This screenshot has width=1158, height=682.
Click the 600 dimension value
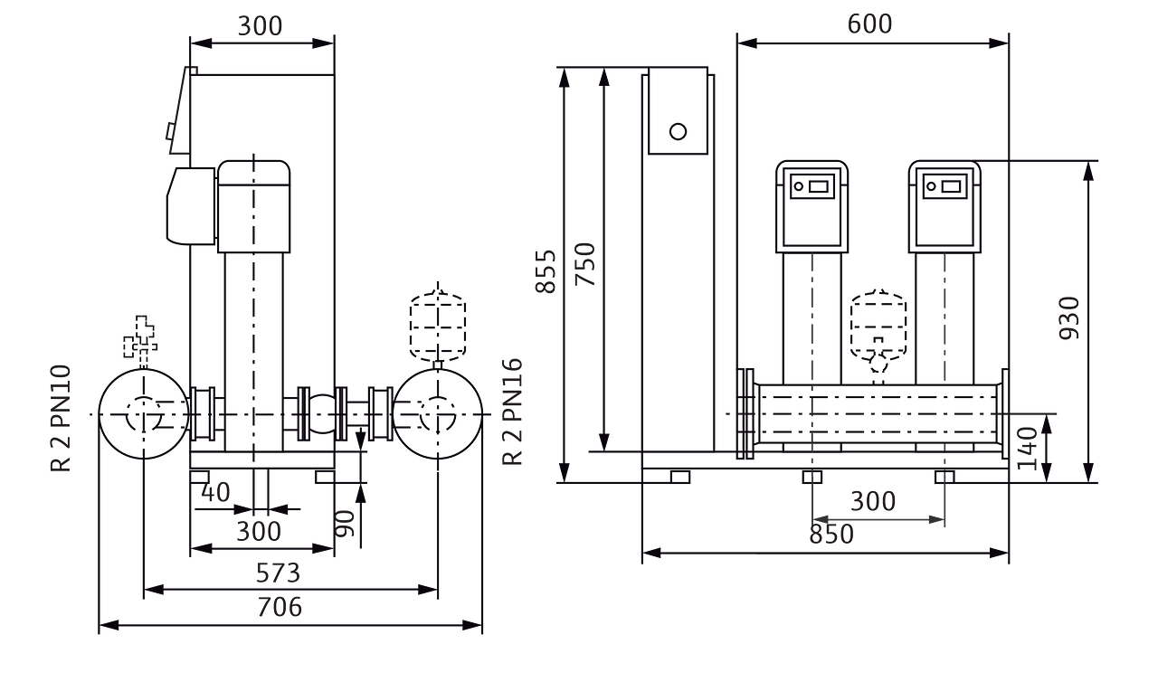[x=869, y=24]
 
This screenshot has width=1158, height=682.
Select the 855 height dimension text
[x=546, y=270]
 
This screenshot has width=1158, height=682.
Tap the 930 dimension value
[x=1070, y=317]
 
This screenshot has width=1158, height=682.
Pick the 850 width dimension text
[x=831, y=535]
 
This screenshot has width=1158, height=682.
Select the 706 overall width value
[x=278, y=607]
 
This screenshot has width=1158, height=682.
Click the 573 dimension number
[x=278, y=573]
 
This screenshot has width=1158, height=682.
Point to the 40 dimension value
[x=216, y=493]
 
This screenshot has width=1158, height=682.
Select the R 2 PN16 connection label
[x=513, y=411]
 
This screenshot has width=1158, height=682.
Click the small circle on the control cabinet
[x=677, y=132]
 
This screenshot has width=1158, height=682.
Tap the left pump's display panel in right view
[x=811, y=188]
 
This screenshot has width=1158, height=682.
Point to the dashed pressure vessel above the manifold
[x=877, y=321]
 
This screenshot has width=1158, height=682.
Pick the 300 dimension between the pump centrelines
[x=874, y=501]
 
